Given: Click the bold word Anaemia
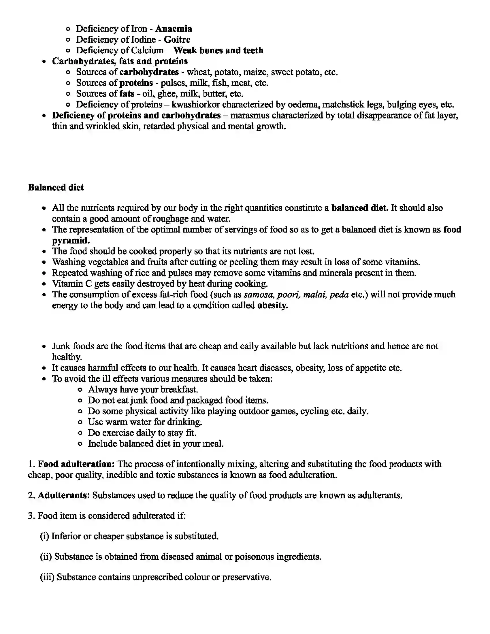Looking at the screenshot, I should (x=173, y=29).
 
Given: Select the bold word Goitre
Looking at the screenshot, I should (x=177, y=39).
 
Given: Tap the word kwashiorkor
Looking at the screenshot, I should (x=196, y=105).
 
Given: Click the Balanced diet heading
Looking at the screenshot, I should (x=56, y=188).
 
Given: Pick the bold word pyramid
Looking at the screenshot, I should (x=71, y=241).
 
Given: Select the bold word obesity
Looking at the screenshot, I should (x=272, y=306).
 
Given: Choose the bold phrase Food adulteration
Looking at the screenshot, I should (x=76, y=464).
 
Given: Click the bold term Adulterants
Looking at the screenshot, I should (x=64, y=495).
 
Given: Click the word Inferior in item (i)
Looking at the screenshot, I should (x=66, y=536).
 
